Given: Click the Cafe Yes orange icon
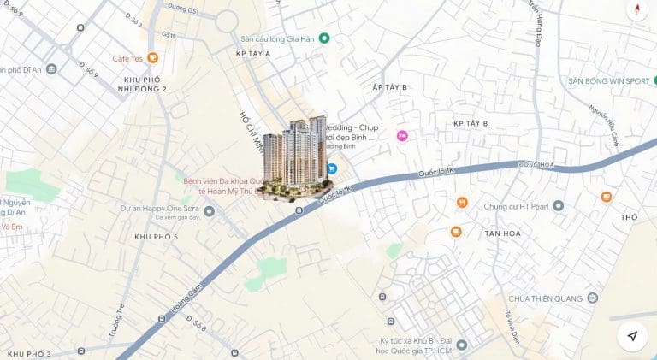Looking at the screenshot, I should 152,58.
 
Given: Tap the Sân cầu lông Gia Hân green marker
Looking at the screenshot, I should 324,38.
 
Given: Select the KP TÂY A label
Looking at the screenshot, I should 253,54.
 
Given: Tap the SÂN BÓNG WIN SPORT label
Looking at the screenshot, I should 608,81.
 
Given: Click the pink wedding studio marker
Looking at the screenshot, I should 402,136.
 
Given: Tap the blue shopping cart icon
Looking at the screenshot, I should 331,168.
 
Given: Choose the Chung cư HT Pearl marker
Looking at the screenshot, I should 559,205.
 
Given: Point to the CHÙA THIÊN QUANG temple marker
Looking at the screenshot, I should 592,298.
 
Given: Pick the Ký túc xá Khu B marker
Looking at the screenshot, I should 462,345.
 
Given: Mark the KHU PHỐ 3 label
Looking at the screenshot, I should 29,354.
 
